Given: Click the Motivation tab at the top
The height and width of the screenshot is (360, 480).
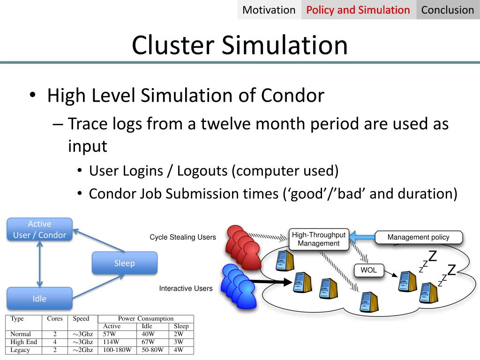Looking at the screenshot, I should tap(269, 10).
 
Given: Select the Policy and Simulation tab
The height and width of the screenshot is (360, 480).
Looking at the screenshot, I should tap(358, 10).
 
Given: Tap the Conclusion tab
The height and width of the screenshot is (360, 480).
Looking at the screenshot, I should tap(448, 10).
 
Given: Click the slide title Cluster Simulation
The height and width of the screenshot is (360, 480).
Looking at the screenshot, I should tap(240, 45).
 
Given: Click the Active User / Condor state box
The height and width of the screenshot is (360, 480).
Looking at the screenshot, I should tap(39, 230).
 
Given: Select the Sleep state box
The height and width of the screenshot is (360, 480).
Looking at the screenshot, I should tap(124, 263).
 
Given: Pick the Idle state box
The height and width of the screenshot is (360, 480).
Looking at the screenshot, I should tap(39, 299).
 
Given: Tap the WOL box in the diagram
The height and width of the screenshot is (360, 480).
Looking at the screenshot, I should tap(368, 270).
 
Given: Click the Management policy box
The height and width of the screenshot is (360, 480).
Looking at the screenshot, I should tap(418, 237).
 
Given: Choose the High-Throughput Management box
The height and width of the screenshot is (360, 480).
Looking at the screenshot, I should tap(319, 239).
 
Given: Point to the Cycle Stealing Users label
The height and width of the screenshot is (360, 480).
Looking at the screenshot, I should tap(183, 237).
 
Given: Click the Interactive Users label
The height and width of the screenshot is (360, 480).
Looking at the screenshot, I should tap(186, 288).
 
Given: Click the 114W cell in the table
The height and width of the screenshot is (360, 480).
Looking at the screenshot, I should tap(112, 342).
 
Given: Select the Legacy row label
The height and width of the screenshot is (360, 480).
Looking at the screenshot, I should tap(20, 350).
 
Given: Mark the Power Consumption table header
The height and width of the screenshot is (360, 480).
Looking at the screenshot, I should tap(146, 319).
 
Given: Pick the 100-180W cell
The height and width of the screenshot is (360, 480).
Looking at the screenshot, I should tap(117, 350).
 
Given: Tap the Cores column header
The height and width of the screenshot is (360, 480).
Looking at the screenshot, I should tap(55, 319).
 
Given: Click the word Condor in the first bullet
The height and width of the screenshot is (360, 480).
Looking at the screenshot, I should tap(292, 96).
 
